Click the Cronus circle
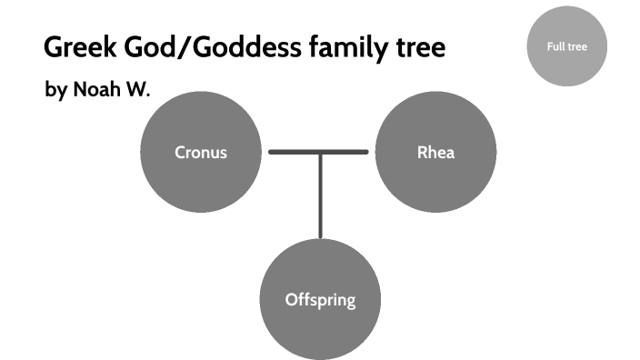(201, 151)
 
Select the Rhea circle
(435, 151)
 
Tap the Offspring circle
(320, 299)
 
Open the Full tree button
(566, 46)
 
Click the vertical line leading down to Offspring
(320, 195)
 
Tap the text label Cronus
(201, 152)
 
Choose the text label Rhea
(435, 152)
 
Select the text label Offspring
(320, 299)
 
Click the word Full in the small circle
(555, 46)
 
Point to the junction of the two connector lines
(320, 152)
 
